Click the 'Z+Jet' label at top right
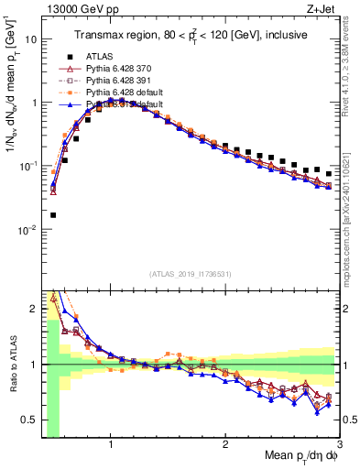322,8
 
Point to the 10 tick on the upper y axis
30,40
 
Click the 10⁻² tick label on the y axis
27,230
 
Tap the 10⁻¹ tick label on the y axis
27,167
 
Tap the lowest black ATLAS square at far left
52,215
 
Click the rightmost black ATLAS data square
328,174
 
